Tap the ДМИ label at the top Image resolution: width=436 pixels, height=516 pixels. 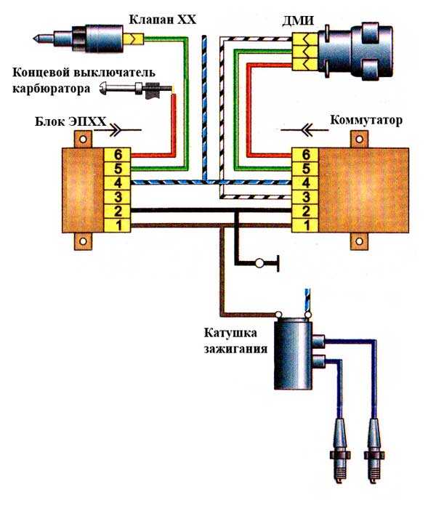pos(299,21)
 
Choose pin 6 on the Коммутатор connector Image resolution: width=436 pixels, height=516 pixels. pos(305,154)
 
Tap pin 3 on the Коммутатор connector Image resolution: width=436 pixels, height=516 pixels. pos(305,196)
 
